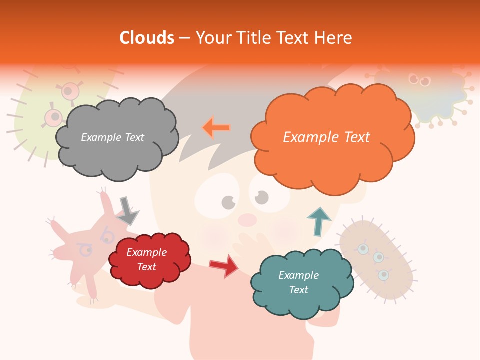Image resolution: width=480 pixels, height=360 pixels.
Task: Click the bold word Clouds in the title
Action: coord(147,38)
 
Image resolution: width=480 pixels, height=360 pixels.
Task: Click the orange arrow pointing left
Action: coord(216,128)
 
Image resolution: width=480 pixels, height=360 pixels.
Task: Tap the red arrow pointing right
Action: coord(224,266)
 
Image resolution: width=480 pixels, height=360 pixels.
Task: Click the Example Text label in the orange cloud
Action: coord(326,137)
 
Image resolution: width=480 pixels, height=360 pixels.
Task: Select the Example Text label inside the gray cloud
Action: coord(112,137)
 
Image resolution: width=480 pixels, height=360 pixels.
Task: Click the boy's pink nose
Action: coord(247,219)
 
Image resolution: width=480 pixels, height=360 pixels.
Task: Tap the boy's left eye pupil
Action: coord(228,202)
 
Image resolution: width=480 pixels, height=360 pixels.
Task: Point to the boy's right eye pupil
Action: coord(262,198)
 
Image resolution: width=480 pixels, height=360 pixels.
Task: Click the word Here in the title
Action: coord(335,38)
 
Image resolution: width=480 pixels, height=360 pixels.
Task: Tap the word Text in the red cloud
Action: coord(147,267)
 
